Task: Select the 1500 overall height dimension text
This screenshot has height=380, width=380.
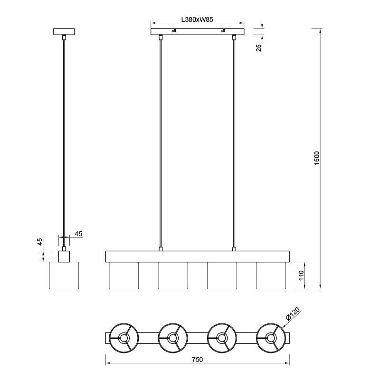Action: pyautogui.click(x=317, y=158)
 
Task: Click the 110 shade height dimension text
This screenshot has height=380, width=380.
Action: pyautogui.click(x=301, y=276)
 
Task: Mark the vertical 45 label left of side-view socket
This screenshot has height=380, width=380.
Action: pyautogui.click(x=40, y=242)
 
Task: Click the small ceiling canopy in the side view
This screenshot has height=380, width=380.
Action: pyautogui.click(x=64, y=32)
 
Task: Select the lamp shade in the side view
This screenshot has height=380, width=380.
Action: pyautogui.click(x=64, y=275)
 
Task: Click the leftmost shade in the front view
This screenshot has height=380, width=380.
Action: pyautogui.click(x=123, y=275)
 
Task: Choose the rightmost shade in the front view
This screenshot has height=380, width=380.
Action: pyautogui.click(x=271, y=275)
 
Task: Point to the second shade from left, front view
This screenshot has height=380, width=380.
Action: pyautogui.click(x=173, y=275)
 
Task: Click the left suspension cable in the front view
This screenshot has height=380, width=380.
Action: pyautogui.click(x=161, y=142)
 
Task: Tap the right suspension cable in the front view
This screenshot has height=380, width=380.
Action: pyautogui.click(x=234, y=142)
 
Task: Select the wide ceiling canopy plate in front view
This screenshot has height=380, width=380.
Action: pyautogui.click(x=198, y=32)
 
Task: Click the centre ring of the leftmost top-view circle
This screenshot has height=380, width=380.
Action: pyautogui.click(x=123, y=338)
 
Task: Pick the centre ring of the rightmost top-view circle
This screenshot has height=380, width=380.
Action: pyautogui.click(x=271, y=338)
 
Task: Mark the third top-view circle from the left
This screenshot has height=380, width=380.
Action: pyautogui.click(x=221, y=338)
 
